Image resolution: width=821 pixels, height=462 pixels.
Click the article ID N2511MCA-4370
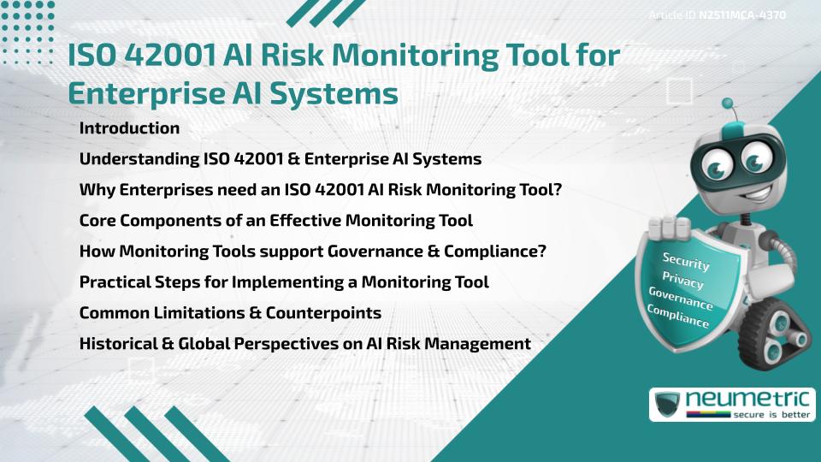[x=741, y=15]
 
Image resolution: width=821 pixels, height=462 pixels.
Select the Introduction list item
[x=129, y=128]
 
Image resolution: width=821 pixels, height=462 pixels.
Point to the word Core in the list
[x=97, y=221]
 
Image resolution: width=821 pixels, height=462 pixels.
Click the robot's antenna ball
[x=729, y=104]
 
